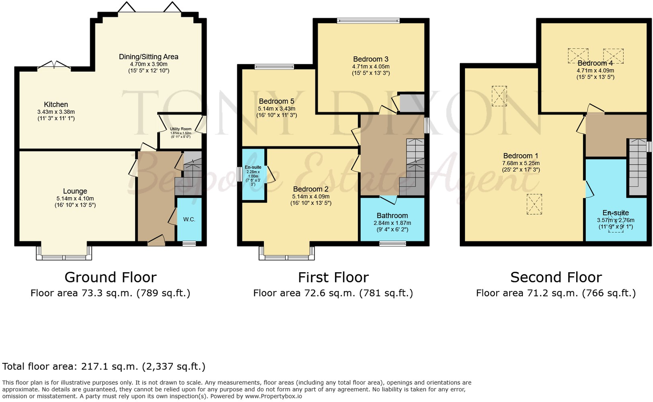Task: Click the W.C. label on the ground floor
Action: (x=189, y=219)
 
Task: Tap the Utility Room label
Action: (x=181, y=129)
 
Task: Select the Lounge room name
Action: (x=75, y=191)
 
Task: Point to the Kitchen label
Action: (x=56, y=104)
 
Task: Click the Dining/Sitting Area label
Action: (x=148, y=57)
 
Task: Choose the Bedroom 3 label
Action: (x=370, y=59)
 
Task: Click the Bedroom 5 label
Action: (x=276, y=101)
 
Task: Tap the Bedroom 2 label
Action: (x=311, y=189)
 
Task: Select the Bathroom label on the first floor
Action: (x=392, y=215)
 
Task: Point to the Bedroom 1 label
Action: (x=521, y=156)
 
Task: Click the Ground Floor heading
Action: (x=111, y=277)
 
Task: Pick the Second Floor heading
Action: (x=556, y=277)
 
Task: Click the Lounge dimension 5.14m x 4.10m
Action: (x=75, y=199)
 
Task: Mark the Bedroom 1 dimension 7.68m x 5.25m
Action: (x=521, y=163)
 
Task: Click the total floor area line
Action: (x=104, y=366)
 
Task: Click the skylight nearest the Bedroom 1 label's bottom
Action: (x=534, y=204)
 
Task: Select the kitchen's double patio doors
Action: (x=54, y=66)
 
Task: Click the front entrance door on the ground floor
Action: (x=156, y=241)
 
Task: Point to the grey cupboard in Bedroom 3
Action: (x=411, y=103)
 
